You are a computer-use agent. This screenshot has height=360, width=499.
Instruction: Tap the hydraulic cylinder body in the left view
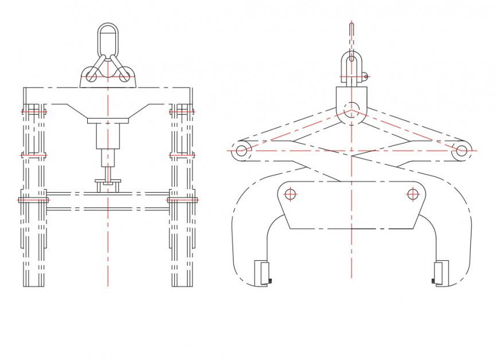(x=107, y=136)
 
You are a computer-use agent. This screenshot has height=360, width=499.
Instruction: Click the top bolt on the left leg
(x=33, y=111)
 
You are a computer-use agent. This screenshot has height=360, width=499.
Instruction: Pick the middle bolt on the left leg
(x=33, y=155)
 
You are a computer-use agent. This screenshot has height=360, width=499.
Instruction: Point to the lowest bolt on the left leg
(x=33, y=199)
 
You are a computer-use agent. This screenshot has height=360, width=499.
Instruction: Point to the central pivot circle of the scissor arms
(x=352, y=108)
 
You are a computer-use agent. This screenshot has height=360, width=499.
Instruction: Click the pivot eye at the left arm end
(x=241, y=151)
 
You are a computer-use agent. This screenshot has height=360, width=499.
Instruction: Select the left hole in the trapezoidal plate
(x=290, y=194)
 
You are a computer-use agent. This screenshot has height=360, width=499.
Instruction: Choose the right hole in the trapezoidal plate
(x=412, y=194)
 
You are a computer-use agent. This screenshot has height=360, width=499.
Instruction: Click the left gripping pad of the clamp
(x=262, y=273)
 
